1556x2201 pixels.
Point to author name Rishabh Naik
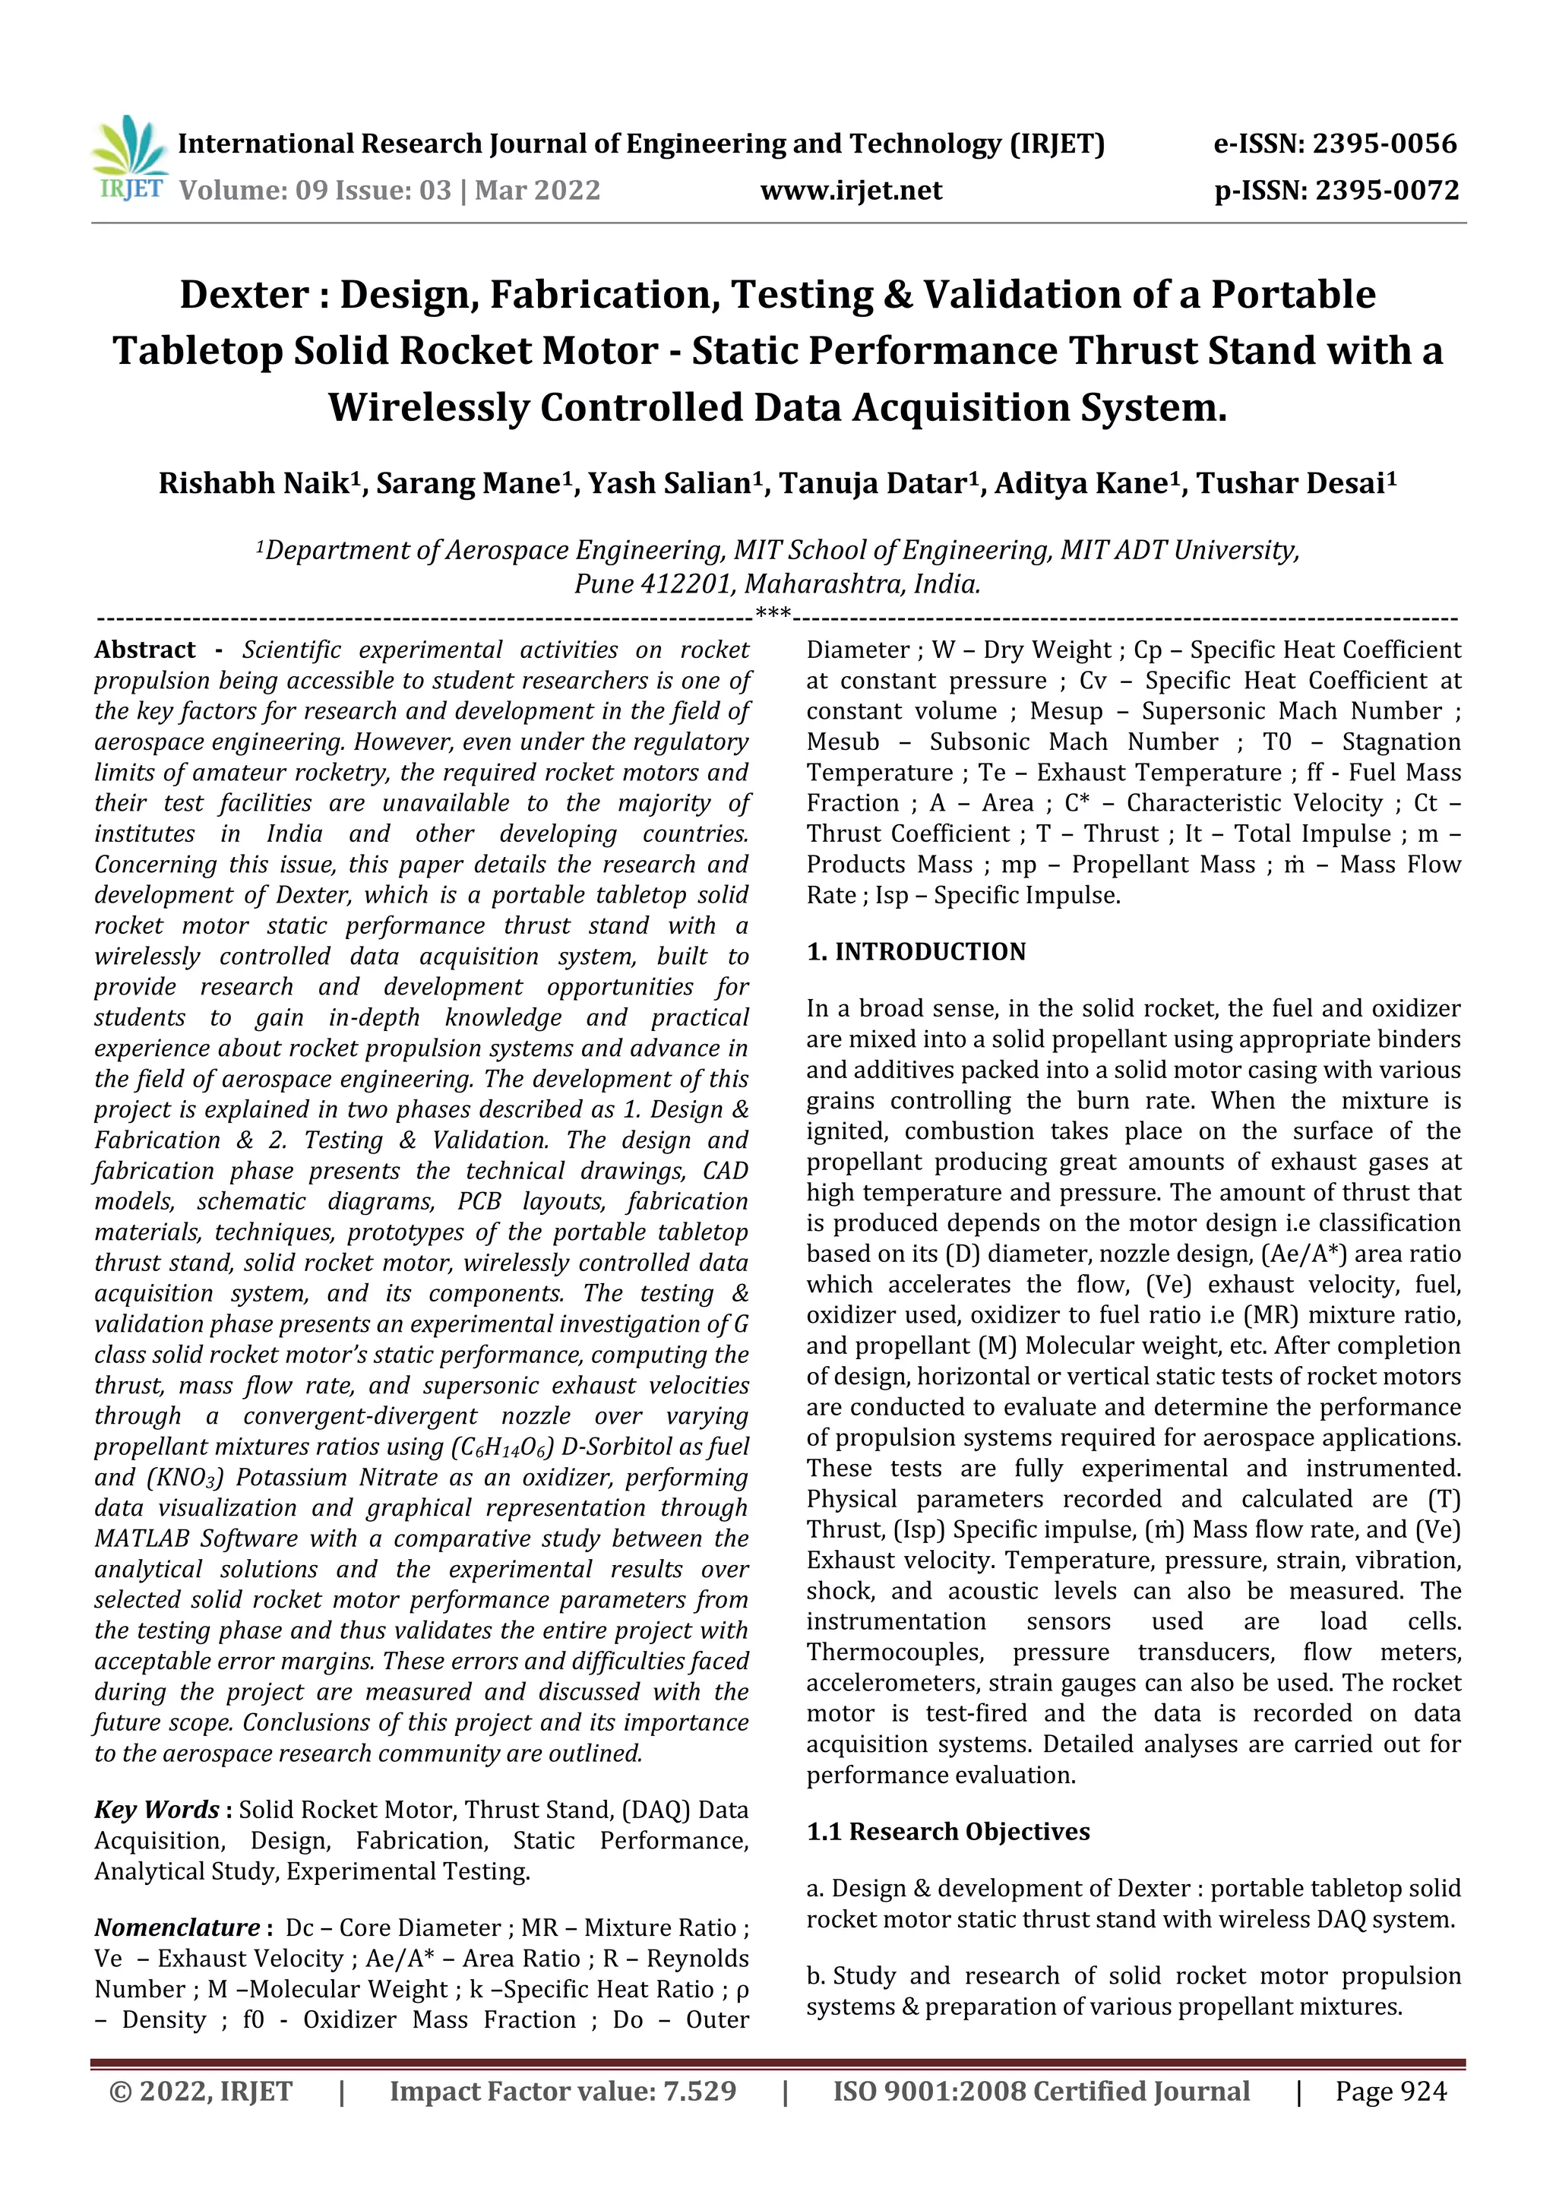(x=251, y=483)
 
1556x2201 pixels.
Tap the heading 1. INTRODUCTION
(x=916, y=952)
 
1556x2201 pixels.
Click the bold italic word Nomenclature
(x=176, y=1927)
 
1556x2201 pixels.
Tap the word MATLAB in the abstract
(x=143, y=1539)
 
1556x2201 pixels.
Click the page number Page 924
(x=1390, y=2091)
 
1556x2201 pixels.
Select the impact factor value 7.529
(x=699, y=2091)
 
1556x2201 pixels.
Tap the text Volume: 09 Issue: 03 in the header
(x=315, y=190)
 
